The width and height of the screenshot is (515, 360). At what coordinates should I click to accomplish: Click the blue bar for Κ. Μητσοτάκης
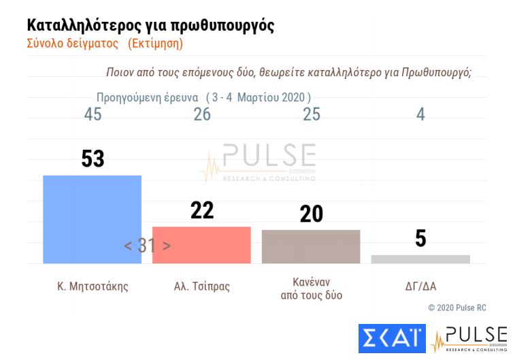coord(92,219)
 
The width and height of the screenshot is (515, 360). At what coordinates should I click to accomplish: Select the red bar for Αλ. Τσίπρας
coord(201,245)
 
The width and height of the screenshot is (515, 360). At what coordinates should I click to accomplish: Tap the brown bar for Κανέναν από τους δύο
coord(311,246)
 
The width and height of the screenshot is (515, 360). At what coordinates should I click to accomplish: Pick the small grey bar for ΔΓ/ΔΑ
coord(420,259)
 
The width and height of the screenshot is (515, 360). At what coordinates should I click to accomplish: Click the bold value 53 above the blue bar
coord(93,158)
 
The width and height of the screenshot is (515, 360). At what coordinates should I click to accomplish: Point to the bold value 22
coord(202,210)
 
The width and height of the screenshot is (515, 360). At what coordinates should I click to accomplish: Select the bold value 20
coord(312,214)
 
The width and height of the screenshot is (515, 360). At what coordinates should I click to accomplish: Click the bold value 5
coord(420,238)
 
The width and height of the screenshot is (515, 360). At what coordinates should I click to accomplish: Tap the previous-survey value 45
coord(93,114)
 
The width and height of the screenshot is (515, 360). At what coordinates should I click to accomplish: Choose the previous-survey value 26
coord(202,114)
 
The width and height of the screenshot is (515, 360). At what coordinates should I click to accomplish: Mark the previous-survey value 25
coord(312,114)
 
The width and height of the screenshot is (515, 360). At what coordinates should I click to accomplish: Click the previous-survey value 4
coord(420,114)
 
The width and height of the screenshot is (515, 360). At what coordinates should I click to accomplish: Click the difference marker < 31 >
coord(147,246)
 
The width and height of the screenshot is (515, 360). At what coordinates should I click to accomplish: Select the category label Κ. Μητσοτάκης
coord(93,287)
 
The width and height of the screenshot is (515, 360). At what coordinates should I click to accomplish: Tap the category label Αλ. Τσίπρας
coord(202,287)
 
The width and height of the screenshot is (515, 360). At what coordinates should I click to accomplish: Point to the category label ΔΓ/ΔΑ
coord(420,287)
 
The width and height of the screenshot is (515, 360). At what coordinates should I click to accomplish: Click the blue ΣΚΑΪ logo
coord(391,339)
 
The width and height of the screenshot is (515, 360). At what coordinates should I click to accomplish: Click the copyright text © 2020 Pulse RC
coord(457,308)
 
